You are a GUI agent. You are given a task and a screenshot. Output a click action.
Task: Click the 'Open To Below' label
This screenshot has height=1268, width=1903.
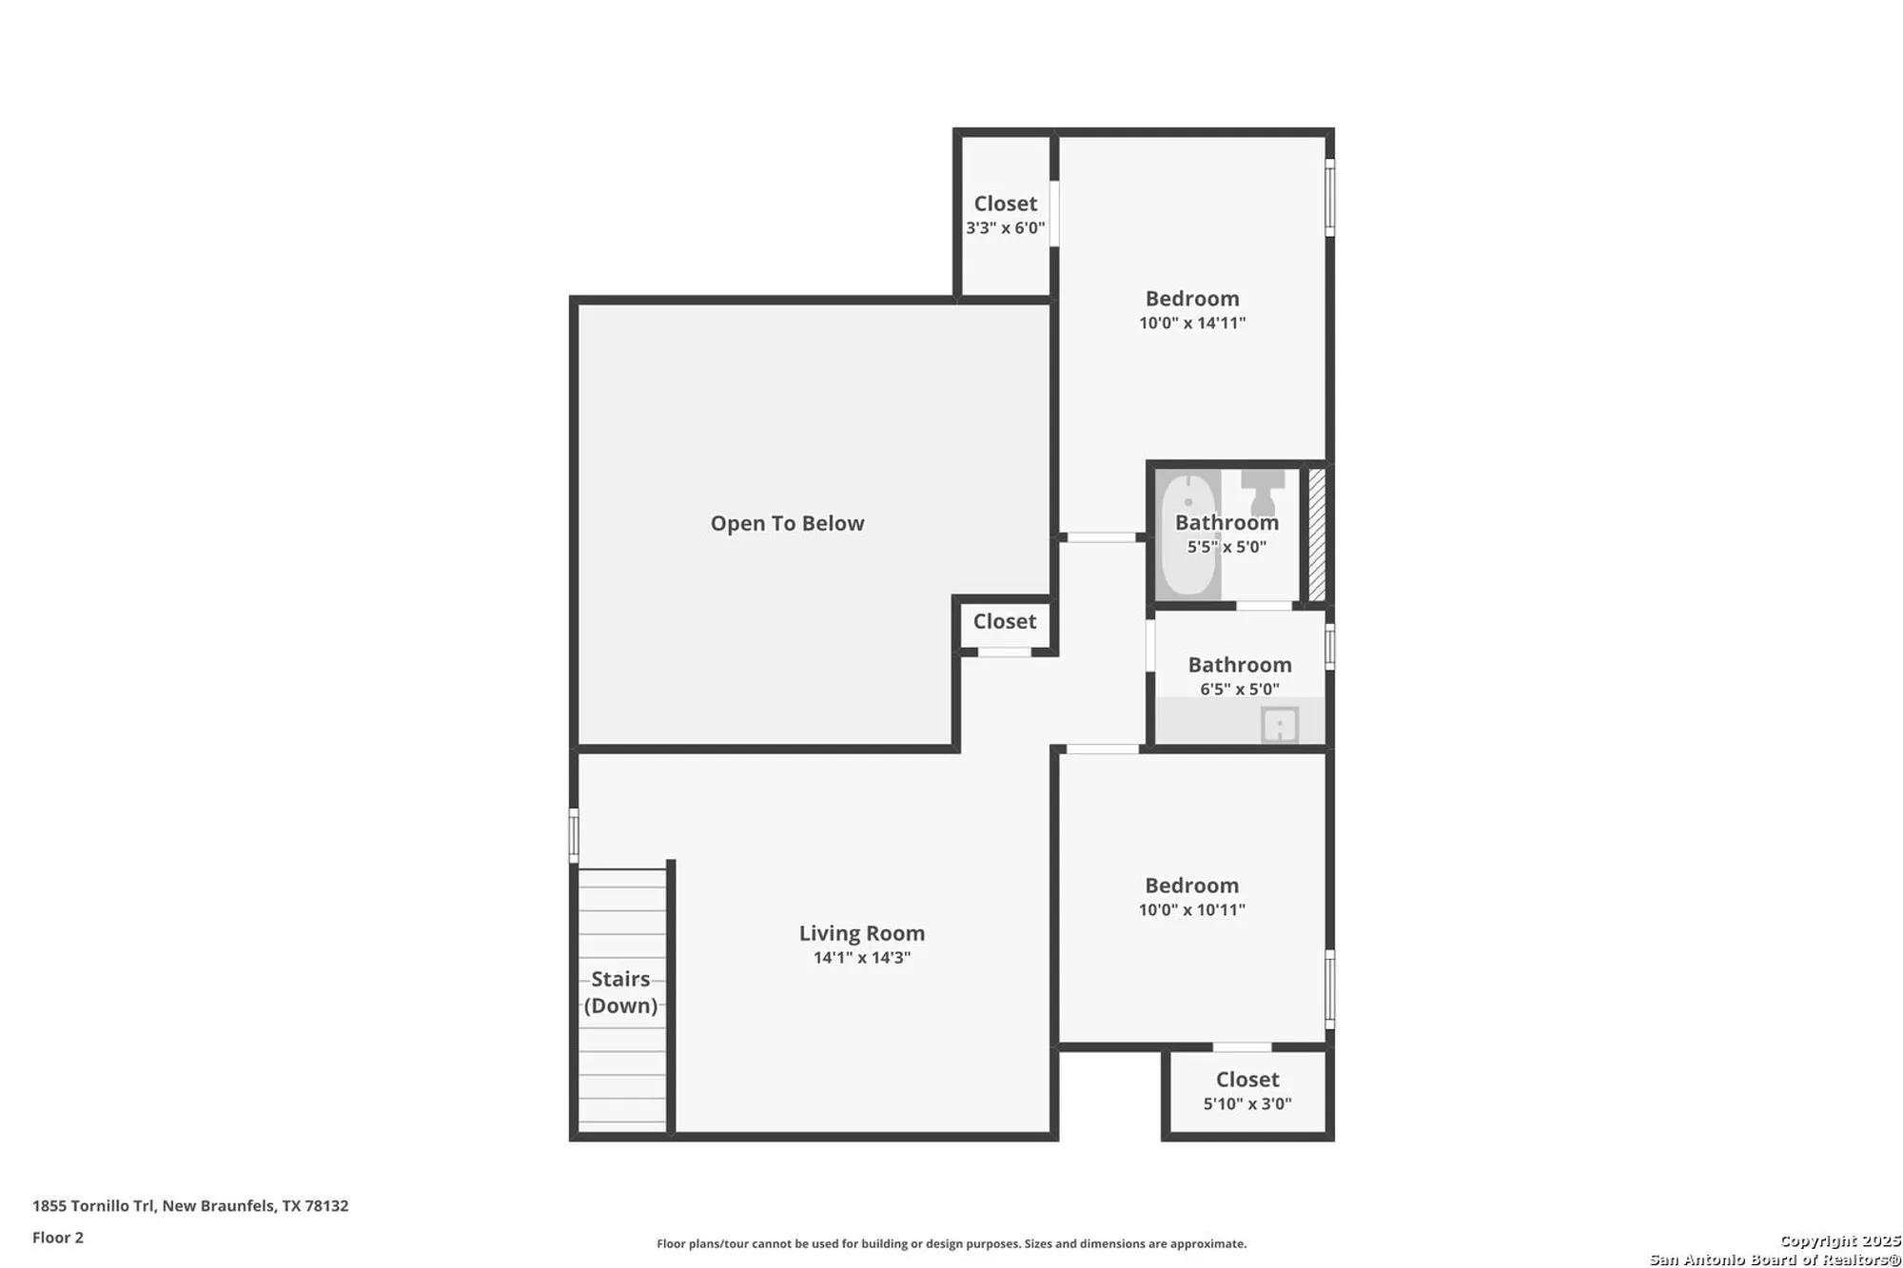[787, 523]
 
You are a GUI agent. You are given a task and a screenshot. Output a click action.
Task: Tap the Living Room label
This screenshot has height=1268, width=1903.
[862, 933]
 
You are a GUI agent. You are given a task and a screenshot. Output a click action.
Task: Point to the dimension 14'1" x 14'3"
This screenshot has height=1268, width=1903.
[862, 958]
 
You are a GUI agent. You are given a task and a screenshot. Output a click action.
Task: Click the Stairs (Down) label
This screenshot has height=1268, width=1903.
[620, 992]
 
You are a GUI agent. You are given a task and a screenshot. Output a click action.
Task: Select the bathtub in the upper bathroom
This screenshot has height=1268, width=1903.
[1188, 534]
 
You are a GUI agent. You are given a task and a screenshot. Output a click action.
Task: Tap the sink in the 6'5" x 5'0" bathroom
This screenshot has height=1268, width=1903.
[1280, 725]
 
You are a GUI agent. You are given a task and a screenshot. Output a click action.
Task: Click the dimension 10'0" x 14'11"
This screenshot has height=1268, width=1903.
[1192, 323]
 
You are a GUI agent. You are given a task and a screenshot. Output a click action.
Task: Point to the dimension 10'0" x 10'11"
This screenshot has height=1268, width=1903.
[1192, 910]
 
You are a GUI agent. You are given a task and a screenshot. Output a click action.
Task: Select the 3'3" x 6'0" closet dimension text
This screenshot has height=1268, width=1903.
[1006, 228]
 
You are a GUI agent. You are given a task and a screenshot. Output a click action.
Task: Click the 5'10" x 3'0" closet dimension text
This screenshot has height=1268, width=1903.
[1247, 1104]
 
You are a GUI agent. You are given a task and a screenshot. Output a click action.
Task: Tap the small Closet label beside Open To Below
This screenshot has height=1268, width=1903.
[1005, 621]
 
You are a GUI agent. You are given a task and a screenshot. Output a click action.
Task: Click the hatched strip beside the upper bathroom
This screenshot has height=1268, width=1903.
[1317, 535]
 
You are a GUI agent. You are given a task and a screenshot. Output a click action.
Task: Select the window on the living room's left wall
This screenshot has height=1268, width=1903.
[574, 835]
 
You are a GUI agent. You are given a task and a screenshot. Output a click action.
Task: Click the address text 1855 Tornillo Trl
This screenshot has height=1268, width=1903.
[93, 1206]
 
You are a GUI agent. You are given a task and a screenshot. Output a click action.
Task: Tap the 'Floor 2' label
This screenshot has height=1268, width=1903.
[58, 1238]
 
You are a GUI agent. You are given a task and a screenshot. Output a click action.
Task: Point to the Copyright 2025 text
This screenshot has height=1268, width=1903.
[1840, 1240]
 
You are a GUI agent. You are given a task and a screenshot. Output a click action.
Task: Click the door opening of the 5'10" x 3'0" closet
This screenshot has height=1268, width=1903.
[1242, 1047]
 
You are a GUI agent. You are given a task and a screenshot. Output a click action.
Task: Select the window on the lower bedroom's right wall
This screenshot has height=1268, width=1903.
[1330, 989]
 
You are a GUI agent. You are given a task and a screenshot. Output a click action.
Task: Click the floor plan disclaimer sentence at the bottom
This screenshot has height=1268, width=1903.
[951, 1243]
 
